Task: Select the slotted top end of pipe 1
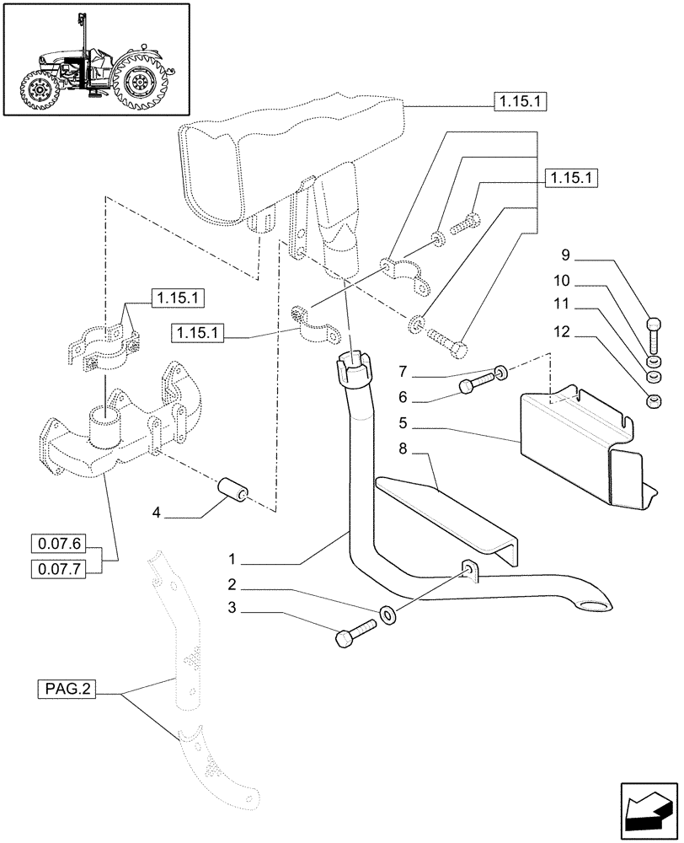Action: (354, 366)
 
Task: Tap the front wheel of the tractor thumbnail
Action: (40, 91)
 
